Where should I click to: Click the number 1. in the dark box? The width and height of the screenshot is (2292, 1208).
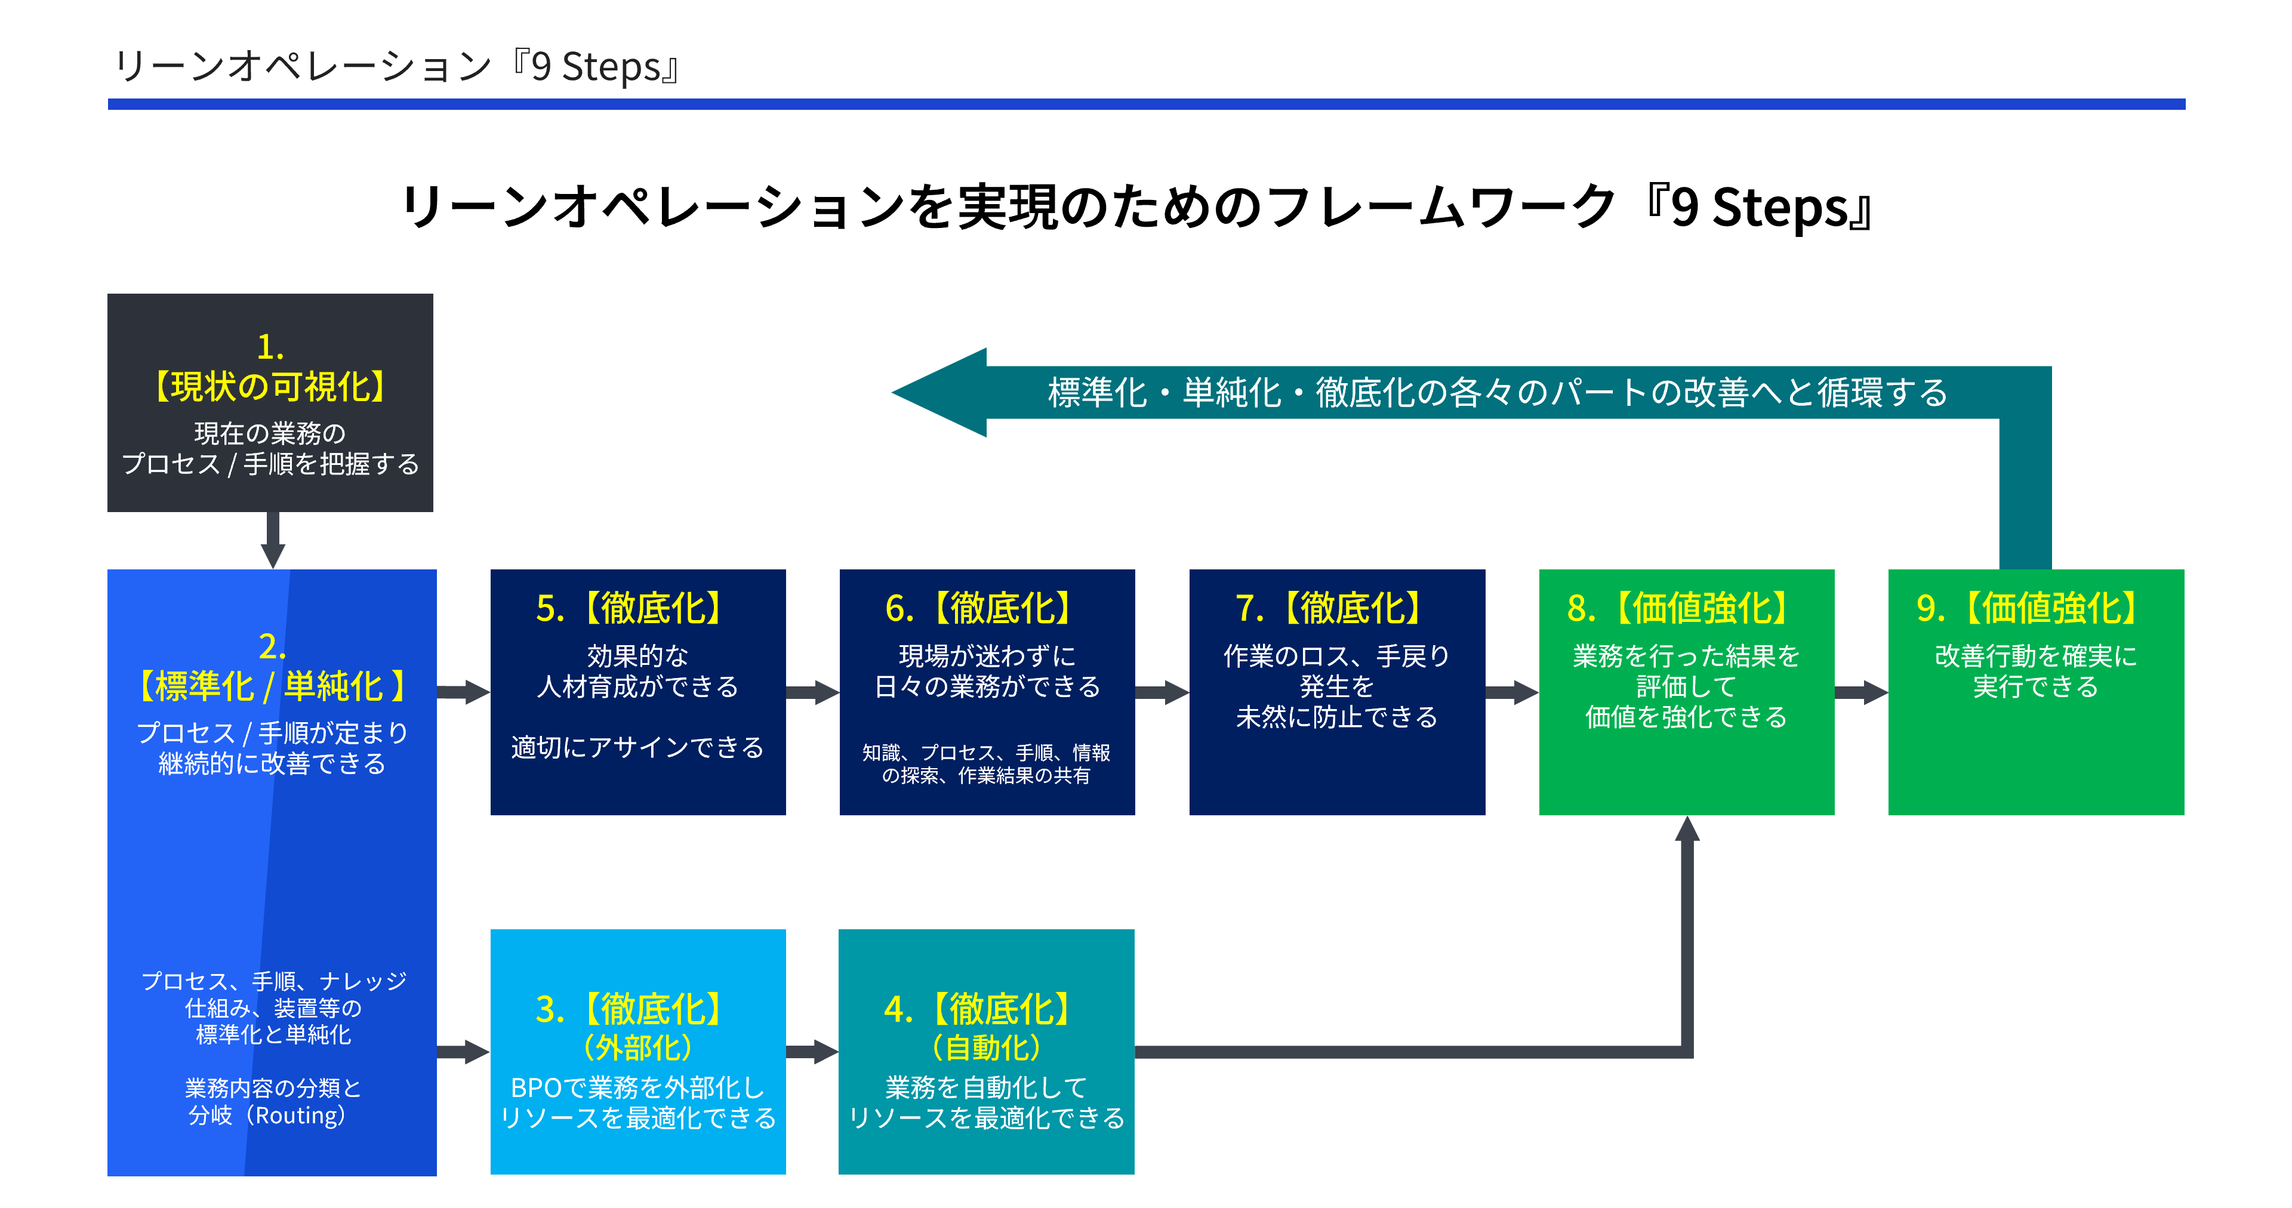pyautogui.click(x=270, y=346)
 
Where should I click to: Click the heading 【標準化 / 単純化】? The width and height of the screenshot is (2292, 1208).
pyautogui.click(x=272, y=686)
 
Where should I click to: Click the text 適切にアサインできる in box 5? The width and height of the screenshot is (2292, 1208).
pyautogui.click(x=637, y=747)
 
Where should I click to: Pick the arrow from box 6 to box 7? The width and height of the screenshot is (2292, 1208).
pyautogui.click(x=1162, y=692)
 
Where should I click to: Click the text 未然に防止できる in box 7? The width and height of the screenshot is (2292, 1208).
pyautogui.click(x=1336, y=717)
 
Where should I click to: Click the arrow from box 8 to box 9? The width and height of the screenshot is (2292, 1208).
pyautogui.click(x=1862, y=692)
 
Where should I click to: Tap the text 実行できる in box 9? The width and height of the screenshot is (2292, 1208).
pyautogui.click(x=2036, y=687)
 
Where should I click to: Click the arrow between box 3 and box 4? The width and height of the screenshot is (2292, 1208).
pyautogui.click(x=812, y=1052)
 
